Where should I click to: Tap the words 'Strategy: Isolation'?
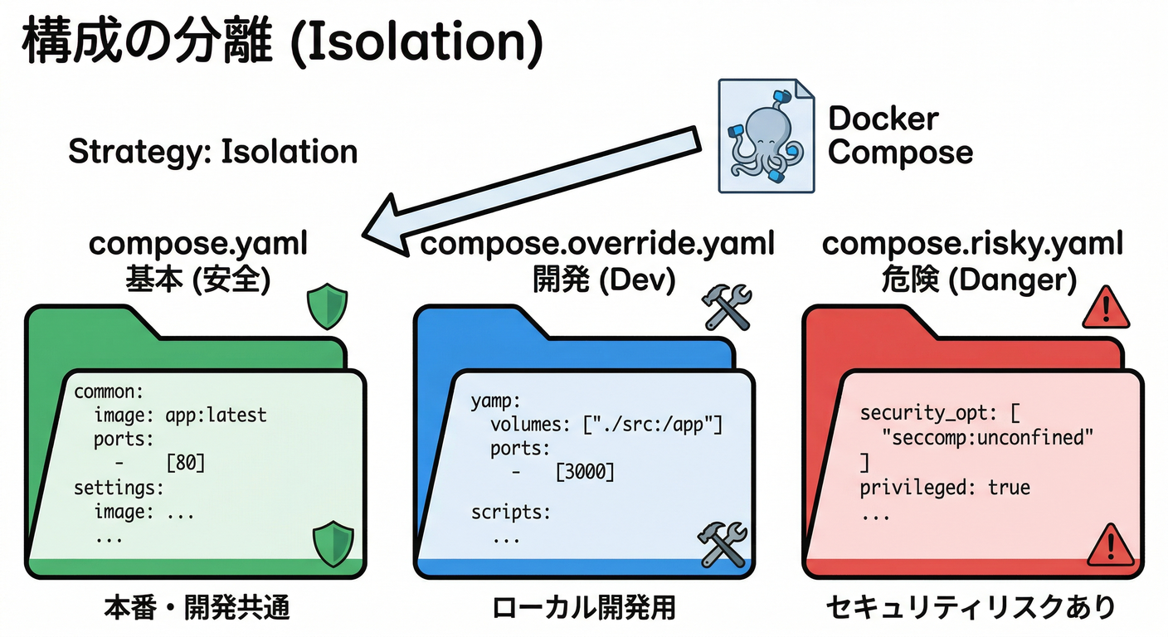212,153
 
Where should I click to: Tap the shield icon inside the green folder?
332,543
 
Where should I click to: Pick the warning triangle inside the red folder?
1110,545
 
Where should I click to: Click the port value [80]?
185,462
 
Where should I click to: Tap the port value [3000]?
586,472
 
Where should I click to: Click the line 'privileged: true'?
945,487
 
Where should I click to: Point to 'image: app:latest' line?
181,414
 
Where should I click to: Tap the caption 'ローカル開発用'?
583,609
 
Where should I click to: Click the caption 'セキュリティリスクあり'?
971,609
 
